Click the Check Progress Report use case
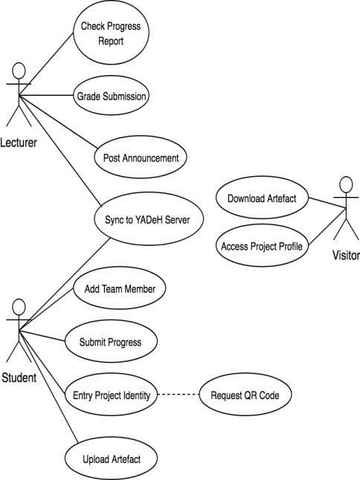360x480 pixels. click(111, 33)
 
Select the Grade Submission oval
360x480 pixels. click(111, 96)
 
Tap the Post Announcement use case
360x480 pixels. click(141, 158)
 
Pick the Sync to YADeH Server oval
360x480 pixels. click(149, 219)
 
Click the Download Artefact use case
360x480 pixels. click(262, 198)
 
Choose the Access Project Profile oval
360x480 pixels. click(262, 245)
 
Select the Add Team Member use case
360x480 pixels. click(120, 288)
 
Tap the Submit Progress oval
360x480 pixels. click(111, 341)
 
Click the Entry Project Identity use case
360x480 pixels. click(111, 395)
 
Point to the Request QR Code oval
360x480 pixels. click(245, 395)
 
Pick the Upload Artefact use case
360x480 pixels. click(111, 458)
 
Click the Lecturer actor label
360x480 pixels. click(19, 143)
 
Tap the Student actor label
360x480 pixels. click(19, 377)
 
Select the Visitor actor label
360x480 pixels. click(346, 255)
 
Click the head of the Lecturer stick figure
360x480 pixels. click(19, 71)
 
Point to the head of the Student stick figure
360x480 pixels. click(19, 307)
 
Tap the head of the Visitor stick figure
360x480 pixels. click(346, 184)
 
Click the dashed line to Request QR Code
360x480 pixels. click(179, 395)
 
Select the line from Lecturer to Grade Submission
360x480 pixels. click(46, 95)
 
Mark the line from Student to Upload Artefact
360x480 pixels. click(48, 386)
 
